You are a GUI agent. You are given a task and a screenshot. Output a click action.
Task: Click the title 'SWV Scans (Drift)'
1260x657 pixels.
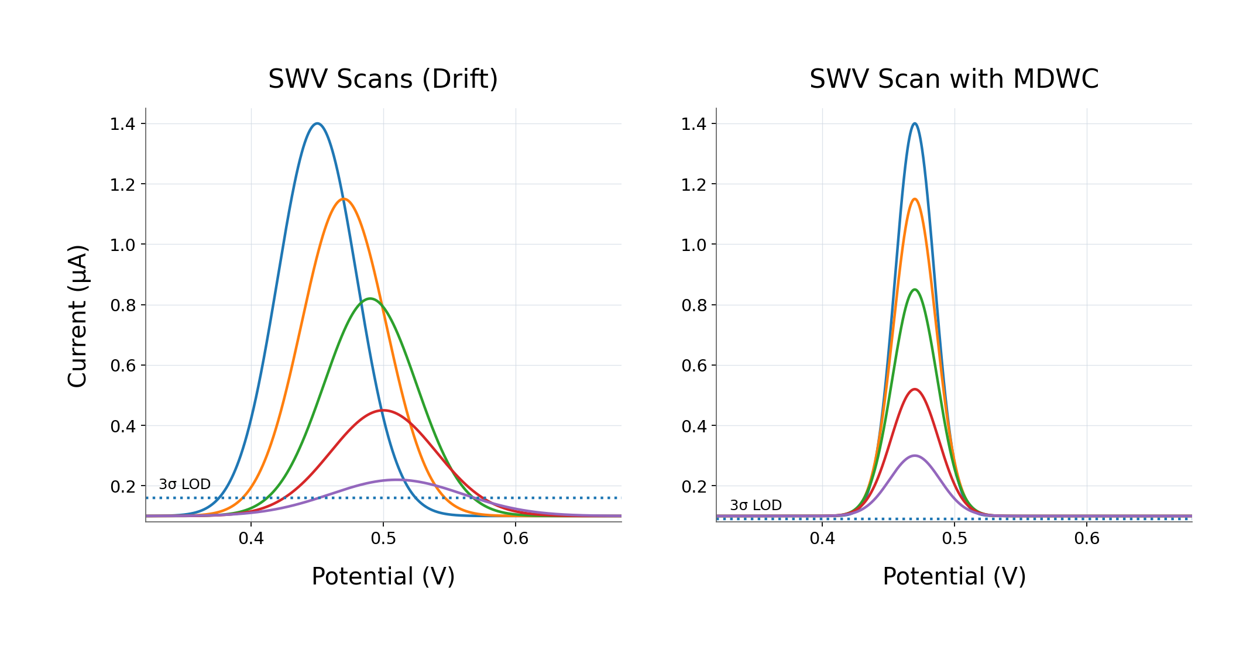tap(383, 79)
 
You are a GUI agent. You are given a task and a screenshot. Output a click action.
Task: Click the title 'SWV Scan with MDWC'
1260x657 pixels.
tap(954, 79)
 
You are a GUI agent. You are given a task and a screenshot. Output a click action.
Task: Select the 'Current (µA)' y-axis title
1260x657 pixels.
tap(78, 316)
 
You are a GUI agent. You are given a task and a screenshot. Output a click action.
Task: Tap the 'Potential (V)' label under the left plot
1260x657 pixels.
tap(383, 576)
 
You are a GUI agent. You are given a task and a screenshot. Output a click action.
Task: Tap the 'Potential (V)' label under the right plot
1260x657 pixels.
tap(954, 576)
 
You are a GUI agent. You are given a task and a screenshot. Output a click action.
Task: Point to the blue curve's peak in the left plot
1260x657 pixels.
tap(317, 123)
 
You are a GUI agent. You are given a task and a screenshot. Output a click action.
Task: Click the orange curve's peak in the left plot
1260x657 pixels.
tap(344, 199)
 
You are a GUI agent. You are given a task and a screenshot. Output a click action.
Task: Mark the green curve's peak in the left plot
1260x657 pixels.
tap(370, 299)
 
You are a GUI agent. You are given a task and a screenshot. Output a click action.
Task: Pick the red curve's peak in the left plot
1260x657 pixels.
tap(383, 410)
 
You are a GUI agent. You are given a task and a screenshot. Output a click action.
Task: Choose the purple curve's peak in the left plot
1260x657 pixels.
tap(396, 480)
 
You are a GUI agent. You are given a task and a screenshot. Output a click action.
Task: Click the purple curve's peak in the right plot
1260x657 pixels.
tap(915, 456)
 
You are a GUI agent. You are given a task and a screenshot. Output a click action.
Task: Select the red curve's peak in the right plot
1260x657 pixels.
tap(915, 389)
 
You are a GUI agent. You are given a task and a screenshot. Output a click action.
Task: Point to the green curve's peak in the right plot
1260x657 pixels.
tap(915, 290)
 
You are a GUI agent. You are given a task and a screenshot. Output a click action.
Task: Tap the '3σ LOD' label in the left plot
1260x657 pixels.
tap(184, 484)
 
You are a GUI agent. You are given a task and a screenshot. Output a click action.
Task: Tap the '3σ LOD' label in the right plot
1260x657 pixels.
tap(756, 505)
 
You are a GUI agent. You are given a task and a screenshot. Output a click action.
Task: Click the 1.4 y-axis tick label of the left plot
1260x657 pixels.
tap(122, 124)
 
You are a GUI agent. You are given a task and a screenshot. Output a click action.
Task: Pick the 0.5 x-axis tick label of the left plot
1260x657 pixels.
tap(383, 538)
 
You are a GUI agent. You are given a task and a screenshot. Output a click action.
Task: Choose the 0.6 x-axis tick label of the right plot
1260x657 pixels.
tap(1087, 538)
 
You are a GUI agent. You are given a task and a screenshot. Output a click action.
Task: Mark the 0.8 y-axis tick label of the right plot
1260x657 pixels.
tap(693, 305)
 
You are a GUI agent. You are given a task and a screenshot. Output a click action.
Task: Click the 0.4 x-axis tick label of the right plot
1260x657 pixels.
tap(822, 538)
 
